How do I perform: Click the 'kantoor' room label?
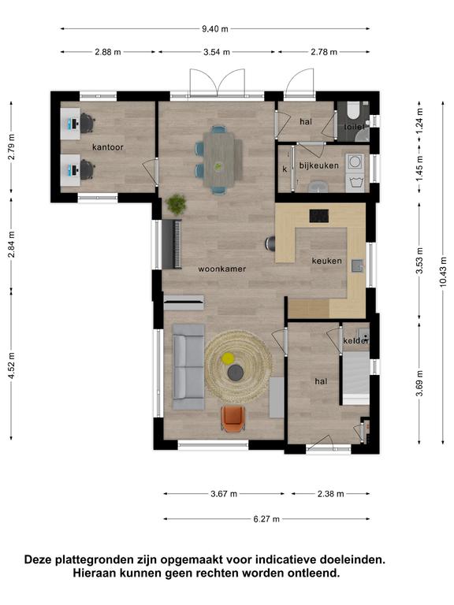(108, 147)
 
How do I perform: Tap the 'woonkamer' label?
(222, 269)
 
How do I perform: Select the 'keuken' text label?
(326, 261)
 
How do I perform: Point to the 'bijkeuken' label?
(319, 165)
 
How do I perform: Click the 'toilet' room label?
(355, 127)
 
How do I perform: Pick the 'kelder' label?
(355, 340)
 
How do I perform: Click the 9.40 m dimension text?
(215, 28)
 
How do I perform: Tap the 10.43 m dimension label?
(443, 271)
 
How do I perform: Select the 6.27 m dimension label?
(266, 519)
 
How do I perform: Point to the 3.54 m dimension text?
(217, 52)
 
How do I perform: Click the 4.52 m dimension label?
(11, 365)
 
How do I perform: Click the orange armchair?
(233, 418)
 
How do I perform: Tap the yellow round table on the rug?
(227, 358)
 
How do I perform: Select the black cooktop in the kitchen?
(319, 216)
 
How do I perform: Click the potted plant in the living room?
(176, 204)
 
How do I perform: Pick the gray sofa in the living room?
(188, 367)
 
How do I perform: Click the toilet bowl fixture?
(353, 110)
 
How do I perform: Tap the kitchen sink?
(358, 265)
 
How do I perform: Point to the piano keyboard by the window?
(172, 244)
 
